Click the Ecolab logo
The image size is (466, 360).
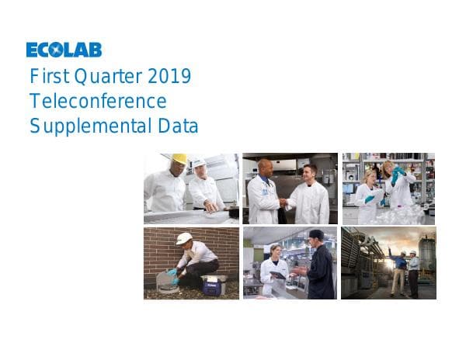pyautogui.click(x=64, y=50)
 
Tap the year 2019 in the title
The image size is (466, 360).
pyautogui.click(x=169, y=78)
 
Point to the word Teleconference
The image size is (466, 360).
pyautogui.click(x=98, y=101)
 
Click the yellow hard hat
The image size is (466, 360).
pyautogui.click(x=179, y=158)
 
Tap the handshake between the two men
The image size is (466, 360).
pyautogui.click(x=283, y=202)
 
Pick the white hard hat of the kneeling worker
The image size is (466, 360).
pyautogui.click(x=184, y=238)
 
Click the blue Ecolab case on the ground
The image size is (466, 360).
pyautogui.click(x=214, y=285)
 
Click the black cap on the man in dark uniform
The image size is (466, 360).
pyautogui.click(x=315, y=234)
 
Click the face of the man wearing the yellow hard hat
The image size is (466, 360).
pyautogui.click(x=178, y=168)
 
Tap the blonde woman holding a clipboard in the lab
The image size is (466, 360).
pyautogui.click(x=367, y=194)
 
